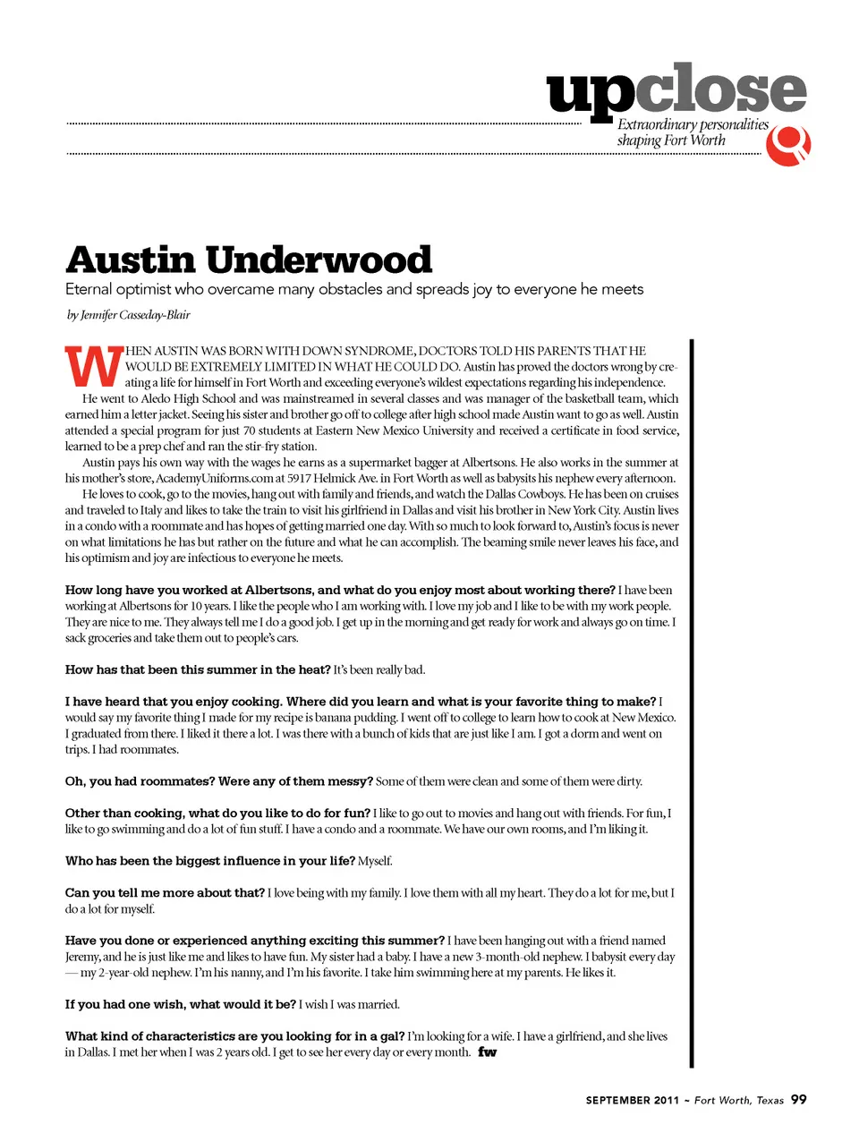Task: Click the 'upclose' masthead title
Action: click(676, 90)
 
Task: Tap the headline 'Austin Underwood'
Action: click(249, 260)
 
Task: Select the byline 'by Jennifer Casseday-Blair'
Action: click(128, 315)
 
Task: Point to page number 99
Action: click(799, 1099)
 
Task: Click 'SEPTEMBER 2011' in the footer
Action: click(632, 1100)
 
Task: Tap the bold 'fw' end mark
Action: click(487, 1052)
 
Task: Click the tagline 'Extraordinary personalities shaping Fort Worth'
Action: click(692, 132)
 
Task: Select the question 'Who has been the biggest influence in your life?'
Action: click(210, 861)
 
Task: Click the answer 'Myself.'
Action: click(375, 861)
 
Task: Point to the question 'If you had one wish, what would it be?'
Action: click(180, 1004)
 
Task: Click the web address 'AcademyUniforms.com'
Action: click(215, 478)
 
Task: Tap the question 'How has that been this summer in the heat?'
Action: click(198, 669)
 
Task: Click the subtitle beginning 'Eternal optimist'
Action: click(354, 289)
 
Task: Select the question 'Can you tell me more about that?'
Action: click(165, 892)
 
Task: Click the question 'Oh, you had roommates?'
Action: click(140, 781)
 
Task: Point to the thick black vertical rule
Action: click(691, 703)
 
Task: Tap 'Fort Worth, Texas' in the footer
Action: click(738, 1100)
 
